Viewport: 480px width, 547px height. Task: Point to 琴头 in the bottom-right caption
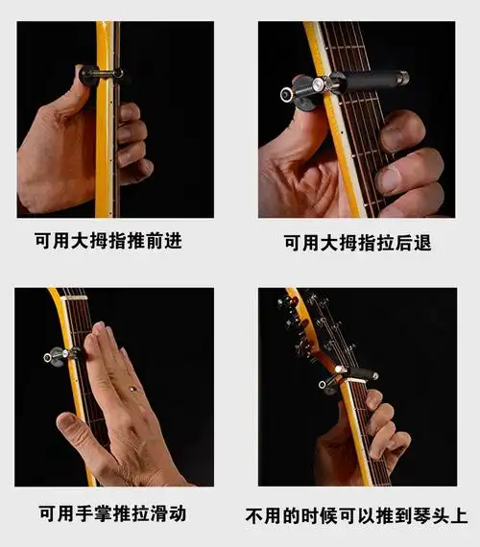coord(438,516)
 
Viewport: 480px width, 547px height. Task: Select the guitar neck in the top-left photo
coord(106,154)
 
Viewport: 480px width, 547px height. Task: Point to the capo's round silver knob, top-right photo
coord(287,96)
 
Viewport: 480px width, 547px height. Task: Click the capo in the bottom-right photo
coord(350,377)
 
